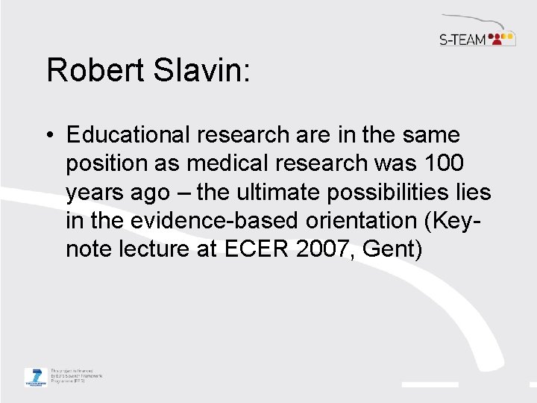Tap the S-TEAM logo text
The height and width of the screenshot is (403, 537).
[x=462, y=39]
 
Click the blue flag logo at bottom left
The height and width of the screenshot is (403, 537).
[x=34, y=376]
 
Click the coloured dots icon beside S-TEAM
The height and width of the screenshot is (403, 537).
[x=503, y=38]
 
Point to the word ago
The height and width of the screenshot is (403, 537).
[x=151, y=193]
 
